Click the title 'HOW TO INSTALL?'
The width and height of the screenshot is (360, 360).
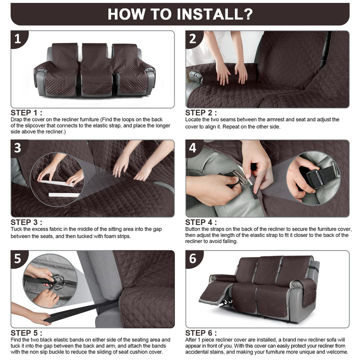point(180,14)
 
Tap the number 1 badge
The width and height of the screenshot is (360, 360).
point(18,39)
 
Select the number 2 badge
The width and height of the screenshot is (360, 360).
point(193,39)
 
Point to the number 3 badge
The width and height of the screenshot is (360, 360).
point(18,148)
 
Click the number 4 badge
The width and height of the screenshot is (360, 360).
point(193,148)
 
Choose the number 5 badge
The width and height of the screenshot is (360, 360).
point(18,259)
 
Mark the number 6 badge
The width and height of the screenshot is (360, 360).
point(193,259)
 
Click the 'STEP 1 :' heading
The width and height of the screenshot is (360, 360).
point(26,113)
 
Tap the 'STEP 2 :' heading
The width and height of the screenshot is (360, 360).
point(201,113)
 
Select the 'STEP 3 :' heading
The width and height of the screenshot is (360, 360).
point(26,222)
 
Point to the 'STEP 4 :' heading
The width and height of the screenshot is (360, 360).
point(201,222)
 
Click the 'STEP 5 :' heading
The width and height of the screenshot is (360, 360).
point(26,333)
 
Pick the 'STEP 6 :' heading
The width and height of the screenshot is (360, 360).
point(201,333)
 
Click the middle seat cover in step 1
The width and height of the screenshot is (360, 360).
point(96,70)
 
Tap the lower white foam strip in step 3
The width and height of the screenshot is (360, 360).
point(64,195)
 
